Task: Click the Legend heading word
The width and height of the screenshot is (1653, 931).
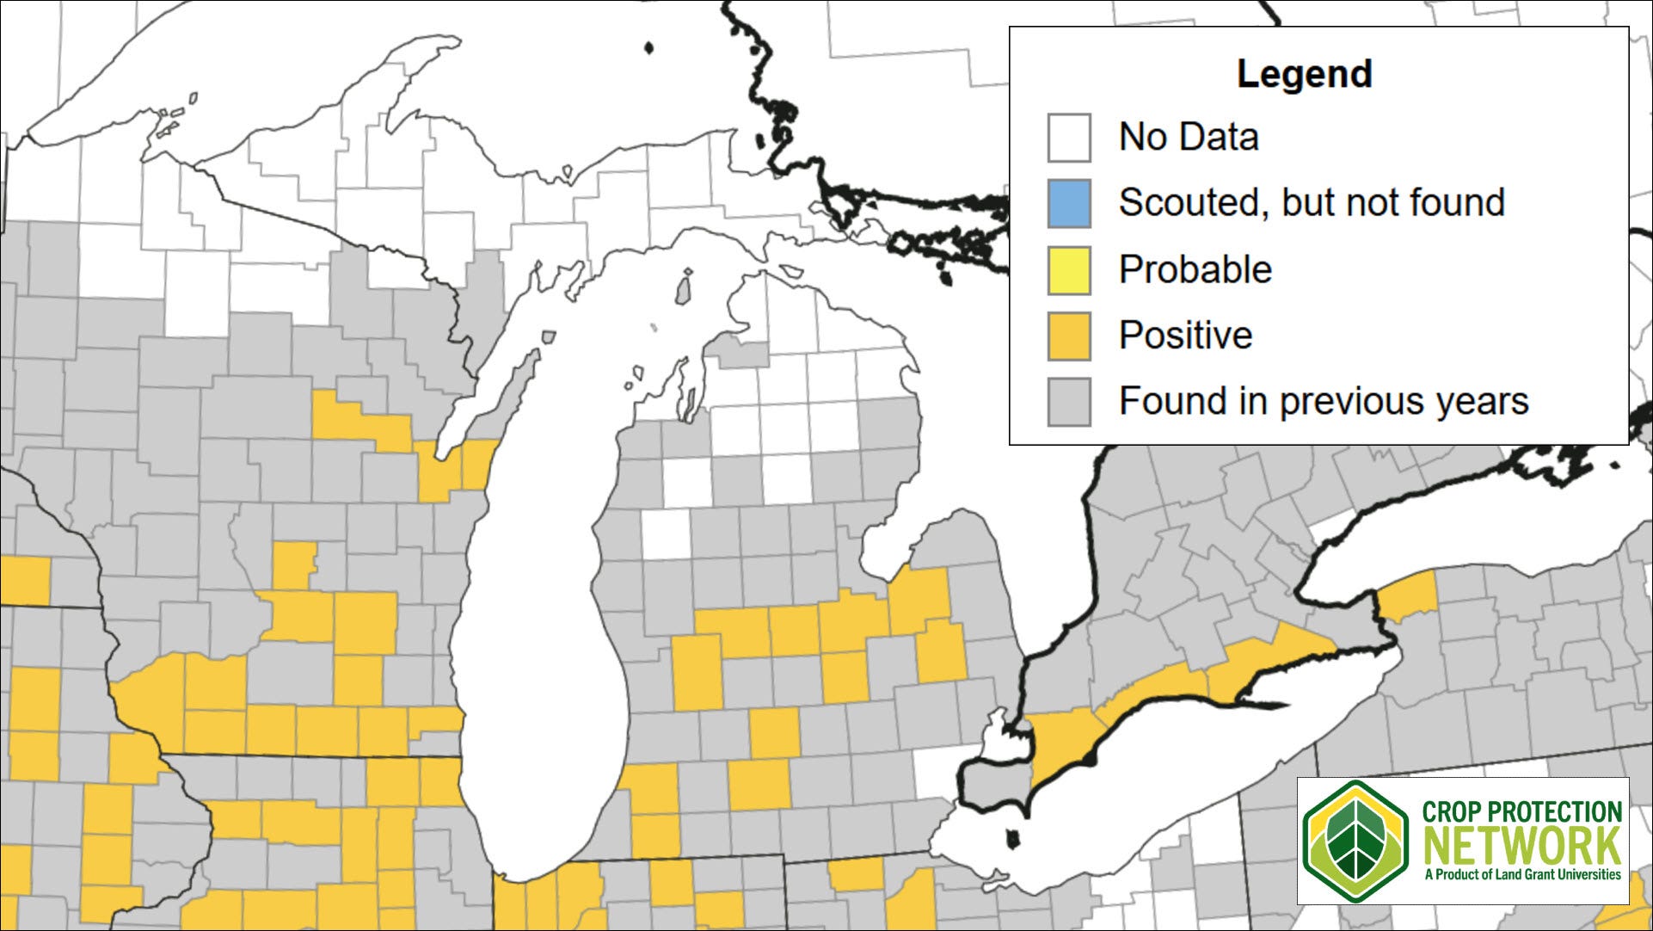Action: tap(1304, 74)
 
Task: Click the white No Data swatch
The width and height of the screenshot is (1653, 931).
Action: tap(1069, 138)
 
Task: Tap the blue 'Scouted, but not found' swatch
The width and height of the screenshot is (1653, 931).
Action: tap(1069, 203)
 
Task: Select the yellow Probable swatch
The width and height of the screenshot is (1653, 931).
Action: tap(1069, 269)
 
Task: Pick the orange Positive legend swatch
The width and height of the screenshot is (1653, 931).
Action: tap(1069, 336)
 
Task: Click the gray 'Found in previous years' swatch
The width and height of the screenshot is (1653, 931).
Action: tap(1069, 401)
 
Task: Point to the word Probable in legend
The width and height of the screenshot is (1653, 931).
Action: tap(1195, 269)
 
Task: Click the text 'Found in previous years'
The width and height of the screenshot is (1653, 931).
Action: tap(1323, 401)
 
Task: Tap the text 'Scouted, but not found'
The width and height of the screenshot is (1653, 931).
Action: tap(1311, 203)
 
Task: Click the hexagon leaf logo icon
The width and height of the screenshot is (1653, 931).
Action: tap(1355, 842)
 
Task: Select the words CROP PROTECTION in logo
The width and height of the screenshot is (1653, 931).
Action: tap(1521, 812)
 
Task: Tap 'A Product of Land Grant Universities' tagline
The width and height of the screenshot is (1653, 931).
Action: tap(1521, 874)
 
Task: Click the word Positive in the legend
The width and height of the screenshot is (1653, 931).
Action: tap(1184, 336)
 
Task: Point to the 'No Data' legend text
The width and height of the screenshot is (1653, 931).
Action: tap(1188, 138)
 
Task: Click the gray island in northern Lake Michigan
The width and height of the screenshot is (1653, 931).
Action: tap(685, 287)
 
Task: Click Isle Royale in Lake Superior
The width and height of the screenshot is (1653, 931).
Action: tap(649, 49)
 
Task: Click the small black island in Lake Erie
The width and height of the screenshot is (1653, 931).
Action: tap(1013, 836)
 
